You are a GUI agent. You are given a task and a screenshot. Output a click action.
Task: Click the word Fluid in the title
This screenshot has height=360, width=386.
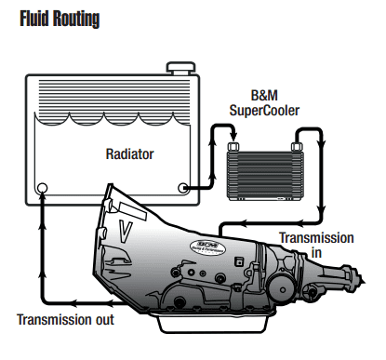click(x=34, y=18)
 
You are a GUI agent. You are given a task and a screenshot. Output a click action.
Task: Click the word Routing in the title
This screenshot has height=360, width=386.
click(x=77, y=18)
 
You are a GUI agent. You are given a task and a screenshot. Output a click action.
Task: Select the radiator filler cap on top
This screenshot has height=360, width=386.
click(x=178, y=69)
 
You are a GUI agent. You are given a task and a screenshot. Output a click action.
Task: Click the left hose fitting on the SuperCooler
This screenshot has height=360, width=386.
click(x=233, y=145)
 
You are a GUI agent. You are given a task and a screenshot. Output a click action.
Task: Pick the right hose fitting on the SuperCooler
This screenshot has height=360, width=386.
click(x=295, y=145)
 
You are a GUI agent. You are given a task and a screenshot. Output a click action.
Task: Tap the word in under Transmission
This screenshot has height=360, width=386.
click(x=317, y=252)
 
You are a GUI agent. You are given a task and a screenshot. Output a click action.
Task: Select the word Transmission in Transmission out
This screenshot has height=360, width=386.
click(x=54, y=321)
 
